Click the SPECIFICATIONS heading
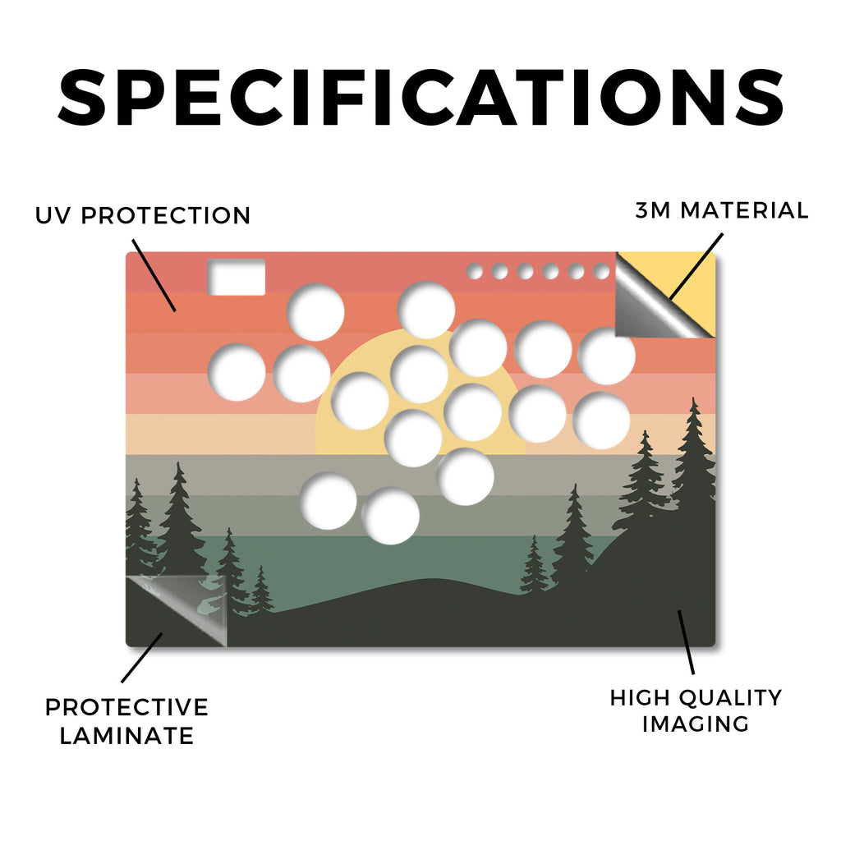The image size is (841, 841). (421, 97)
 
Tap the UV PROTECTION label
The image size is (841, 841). (143, 216)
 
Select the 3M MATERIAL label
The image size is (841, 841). (722, 210)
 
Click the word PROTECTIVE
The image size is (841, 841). (126, 707)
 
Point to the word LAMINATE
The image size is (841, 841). (126, 735)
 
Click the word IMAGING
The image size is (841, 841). (696, 724)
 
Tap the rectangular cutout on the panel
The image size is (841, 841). (237, 278)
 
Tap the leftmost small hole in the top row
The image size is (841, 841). (475, 271)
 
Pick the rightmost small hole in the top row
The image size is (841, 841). (602, 271)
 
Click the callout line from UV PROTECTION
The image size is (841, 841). (154, 276)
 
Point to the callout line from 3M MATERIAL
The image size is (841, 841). (696, 267)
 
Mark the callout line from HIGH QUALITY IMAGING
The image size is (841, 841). (686, 642)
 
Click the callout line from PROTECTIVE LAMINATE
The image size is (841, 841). (142, 658)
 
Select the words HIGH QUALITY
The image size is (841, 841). (696, 698)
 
